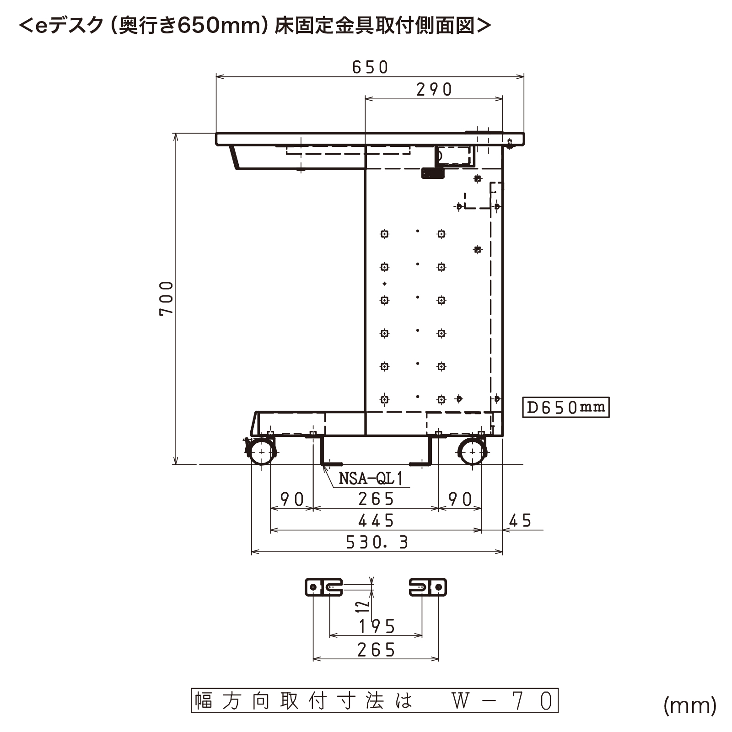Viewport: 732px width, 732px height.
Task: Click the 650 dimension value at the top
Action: click(x=370, y=67)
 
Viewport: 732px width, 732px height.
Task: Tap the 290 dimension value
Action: click(x=434, y=90)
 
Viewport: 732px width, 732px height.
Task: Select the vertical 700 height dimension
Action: click(x=167, y=298)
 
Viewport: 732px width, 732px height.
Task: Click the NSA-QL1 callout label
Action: click(x=371, y=479)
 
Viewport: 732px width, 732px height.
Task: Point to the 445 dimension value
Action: click(x=376, y=521)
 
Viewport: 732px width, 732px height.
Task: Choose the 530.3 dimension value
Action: click(x=377, y=543)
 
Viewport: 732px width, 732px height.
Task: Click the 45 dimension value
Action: click(x=520, y=521)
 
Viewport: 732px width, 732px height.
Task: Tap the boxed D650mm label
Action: click(x=566, y=407)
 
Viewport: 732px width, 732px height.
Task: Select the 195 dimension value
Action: click(x=377, y=626)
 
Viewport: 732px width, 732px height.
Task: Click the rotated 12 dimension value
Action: click(x=363, y=606)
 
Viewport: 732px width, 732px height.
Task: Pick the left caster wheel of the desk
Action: click(x=261, y=452)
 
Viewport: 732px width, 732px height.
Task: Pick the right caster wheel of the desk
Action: click(x=473, y=452)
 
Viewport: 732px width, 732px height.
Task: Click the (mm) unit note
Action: click(x=690, y=705)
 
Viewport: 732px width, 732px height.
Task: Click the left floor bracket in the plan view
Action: click(x=324, y=587)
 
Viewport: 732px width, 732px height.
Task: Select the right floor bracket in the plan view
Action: click(x=428, y=587)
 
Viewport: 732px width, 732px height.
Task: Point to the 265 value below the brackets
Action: click(x=376, y=650)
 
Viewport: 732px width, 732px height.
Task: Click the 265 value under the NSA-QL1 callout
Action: click(x=376, y=499)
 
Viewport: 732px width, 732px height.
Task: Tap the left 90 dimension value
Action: click(x=292, y=499)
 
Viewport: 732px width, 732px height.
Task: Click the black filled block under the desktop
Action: click(x=433, y=173)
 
